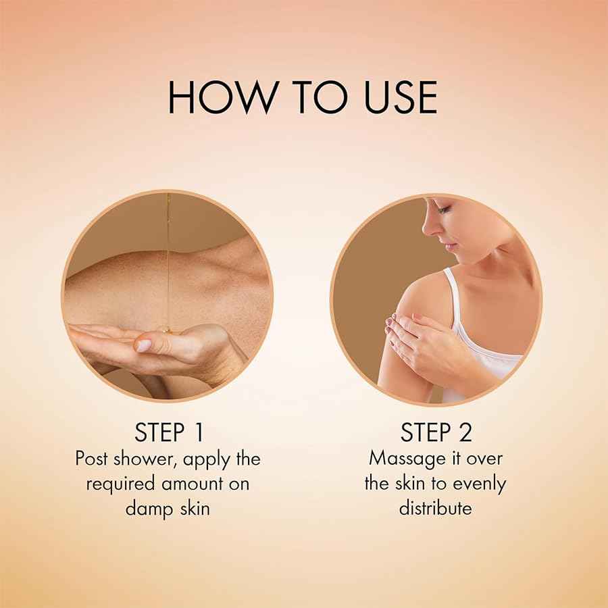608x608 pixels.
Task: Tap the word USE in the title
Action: (401, 97)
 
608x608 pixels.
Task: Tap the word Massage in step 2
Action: (407, 459)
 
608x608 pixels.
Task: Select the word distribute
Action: (436, 508)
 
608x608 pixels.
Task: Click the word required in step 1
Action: (122, 484)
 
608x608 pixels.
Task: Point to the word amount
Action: (193, 484)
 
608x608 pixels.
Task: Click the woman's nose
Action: (428, 228)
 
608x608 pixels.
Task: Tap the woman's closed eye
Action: (445, 210)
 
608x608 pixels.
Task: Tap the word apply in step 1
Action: (206, 460)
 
